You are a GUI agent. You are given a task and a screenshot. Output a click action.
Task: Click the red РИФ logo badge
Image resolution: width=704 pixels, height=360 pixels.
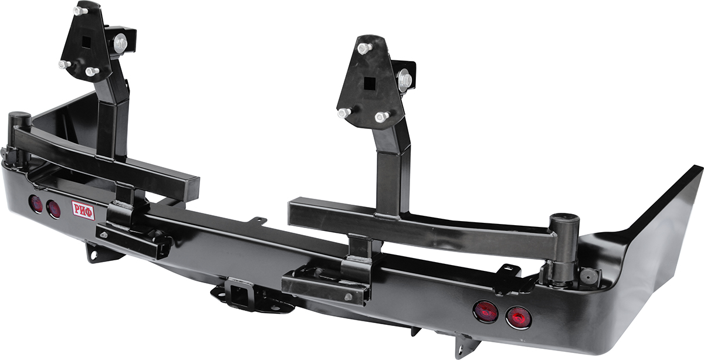(x=83, y=209)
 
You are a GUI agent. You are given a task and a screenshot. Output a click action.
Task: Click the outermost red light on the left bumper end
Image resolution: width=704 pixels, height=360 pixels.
(x=36, y=203)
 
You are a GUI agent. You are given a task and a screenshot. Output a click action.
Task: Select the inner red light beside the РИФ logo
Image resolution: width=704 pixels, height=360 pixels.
(x=53, y=209)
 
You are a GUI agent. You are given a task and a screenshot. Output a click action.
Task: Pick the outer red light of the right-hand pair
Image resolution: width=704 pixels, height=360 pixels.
(x=518, y=317)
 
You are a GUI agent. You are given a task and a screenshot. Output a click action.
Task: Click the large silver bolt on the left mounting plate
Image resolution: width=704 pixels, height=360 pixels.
(x=120, y=43)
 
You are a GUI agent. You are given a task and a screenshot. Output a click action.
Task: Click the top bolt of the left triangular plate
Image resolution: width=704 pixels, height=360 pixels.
(x=80, y=11)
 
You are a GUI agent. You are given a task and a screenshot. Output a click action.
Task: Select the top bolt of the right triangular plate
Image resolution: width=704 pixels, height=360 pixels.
(x=364, y=49)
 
